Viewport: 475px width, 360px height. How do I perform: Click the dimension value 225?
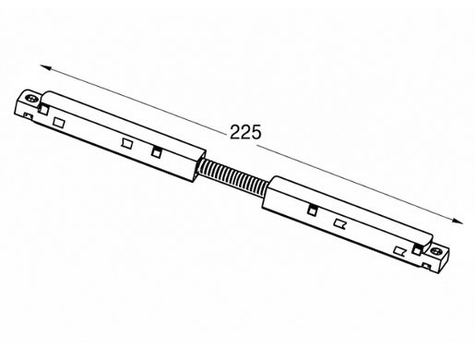pyautogui.click(x=245, y=132)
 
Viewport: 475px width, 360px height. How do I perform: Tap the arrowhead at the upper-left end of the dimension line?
pyautogui.click(x=45, y=67)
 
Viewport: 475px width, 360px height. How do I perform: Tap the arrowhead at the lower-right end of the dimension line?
pyautogui.click(x=457, y=221)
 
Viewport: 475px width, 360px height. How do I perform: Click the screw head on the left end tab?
pyautogui.click(x=31, y=99)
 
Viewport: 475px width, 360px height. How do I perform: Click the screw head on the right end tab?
pyautogui.click(x=436, y=251)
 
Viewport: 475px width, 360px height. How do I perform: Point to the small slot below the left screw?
pyautogui.click(x=28, y=115)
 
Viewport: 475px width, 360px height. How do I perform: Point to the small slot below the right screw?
pyautogui.click(x=427, y=265)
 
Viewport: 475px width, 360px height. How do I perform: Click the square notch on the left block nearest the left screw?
pyautogui.click(x=43, y=109)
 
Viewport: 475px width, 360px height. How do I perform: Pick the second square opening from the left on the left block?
pyautogui.click(x=58, y=122)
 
